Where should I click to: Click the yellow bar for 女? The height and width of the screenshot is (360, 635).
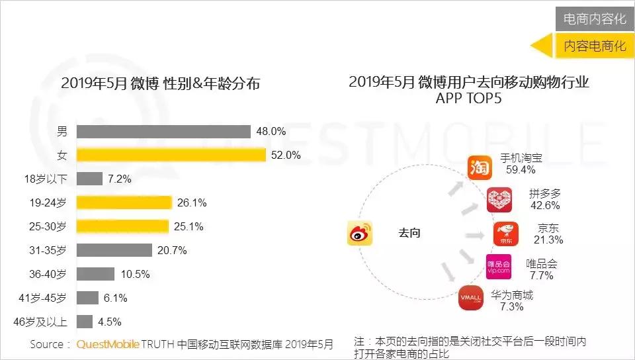click(x=171, y=155)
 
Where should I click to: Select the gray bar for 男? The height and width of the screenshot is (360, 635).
click(x=163, y=131)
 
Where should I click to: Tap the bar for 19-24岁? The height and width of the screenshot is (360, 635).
click(x=124, y=202)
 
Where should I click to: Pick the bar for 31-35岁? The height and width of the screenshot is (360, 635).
click(x=115, y=250)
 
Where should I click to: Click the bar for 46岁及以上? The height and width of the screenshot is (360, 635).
click(x=84, y=322)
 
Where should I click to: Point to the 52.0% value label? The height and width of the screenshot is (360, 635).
click(x=286, y=156)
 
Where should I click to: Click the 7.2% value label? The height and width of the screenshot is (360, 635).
click(x=120, y=179)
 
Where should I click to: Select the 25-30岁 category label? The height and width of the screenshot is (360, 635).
click(x=52, y=227)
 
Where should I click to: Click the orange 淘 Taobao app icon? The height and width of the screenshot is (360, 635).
click(x=481, y=168)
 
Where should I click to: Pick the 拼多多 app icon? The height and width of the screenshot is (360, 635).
click(x=499, y=200)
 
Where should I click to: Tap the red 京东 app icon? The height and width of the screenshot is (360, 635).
click(x=506, y=234)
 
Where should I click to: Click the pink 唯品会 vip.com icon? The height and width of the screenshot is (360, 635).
click(x=498, y=267)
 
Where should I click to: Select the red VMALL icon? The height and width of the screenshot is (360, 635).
click(x=472, y=297)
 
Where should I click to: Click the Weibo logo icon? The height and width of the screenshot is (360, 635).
click(x=361, y=234)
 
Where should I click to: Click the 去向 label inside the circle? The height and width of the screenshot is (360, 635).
click(x=409, y=233)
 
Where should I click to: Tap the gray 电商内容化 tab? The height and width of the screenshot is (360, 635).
click(x=594, y=19)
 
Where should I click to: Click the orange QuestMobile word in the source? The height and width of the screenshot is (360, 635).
click(x=108, y=344)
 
